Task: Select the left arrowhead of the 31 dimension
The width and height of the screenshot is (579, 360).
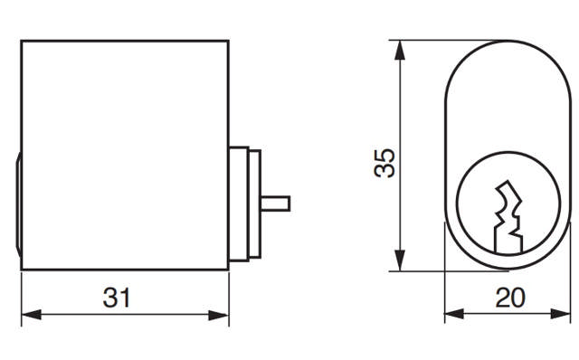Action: tap(27, 315)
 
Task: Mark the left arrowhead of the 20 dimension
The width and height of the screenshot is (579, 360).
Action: tap(451, 315)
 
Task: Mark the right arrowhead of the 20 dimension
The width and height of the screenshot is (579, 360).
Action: tap(565, 315)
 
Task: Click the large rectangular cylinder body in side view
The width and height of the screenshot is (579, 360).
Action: tap(124, 154)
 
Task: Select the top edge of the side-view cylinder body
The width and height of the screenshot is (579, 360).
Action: tap(124, 40)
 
